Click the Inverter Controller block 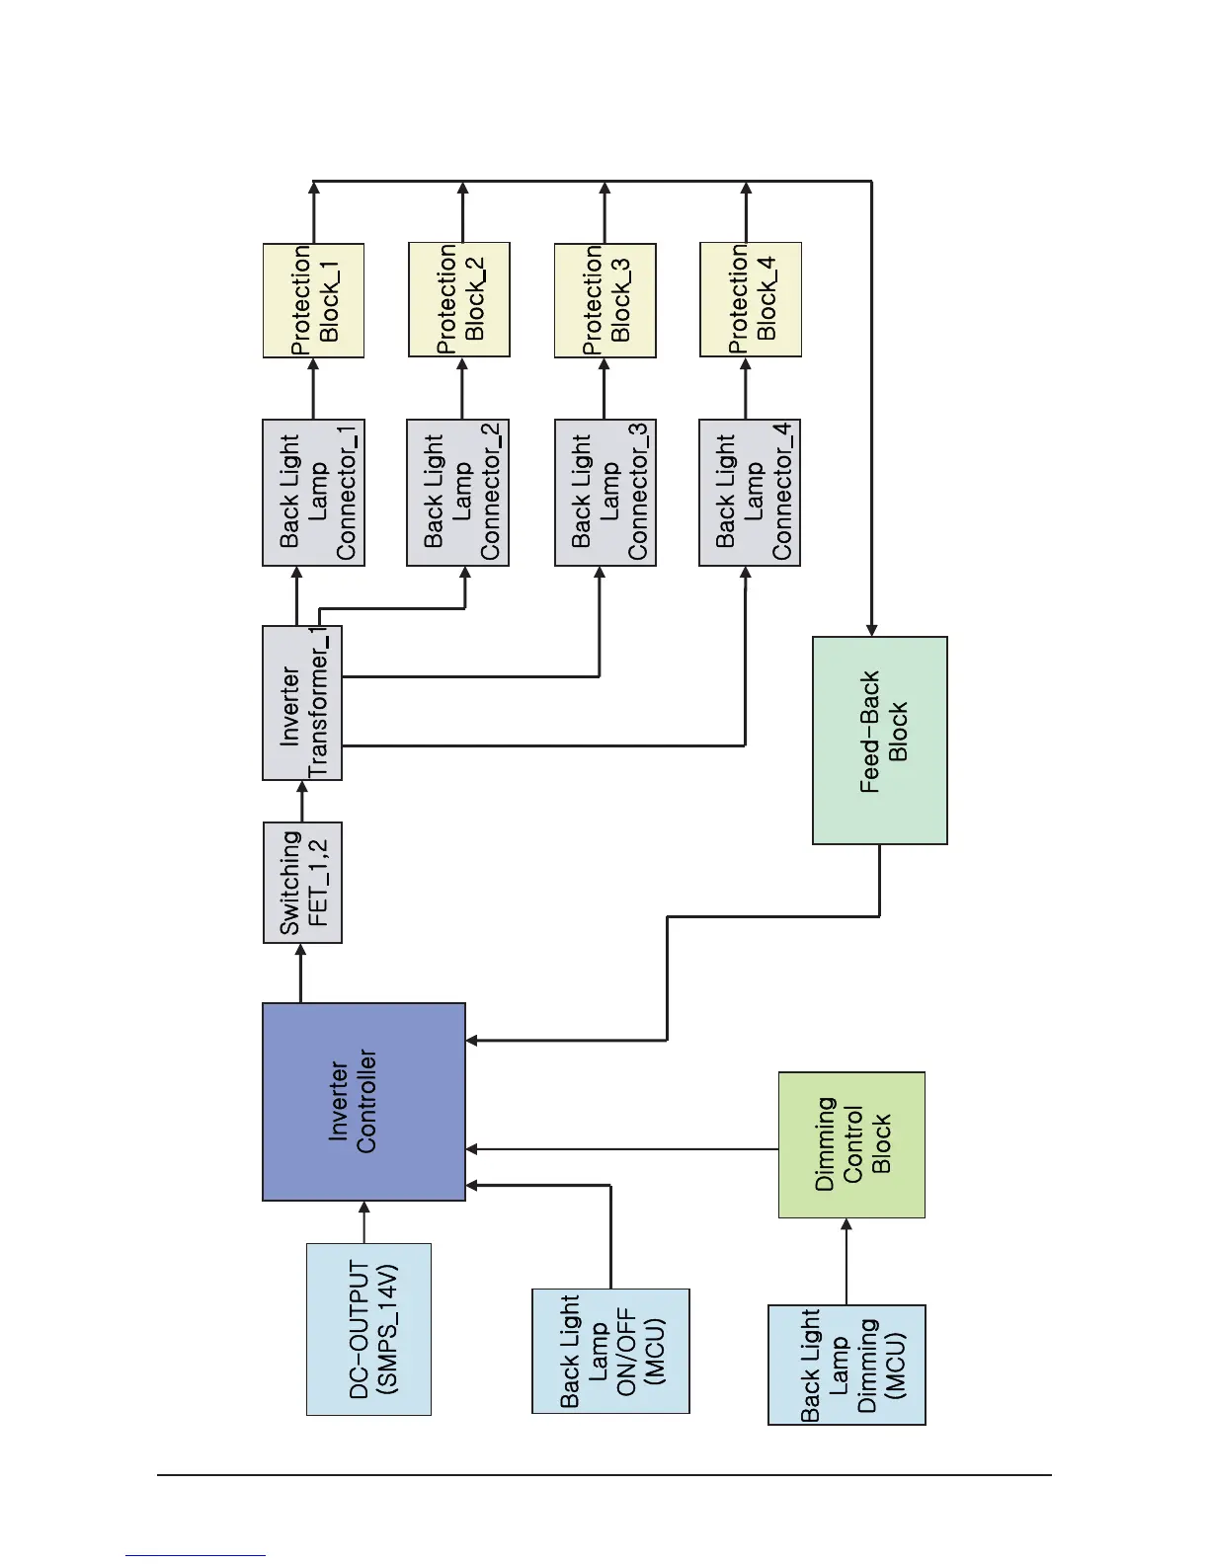(x=363, y=1102)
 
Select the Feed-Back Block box (x=879, y=741)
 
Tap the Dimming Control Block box (x=851, y=1144)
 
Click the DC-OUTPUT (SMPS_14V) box (x=368, y=1329)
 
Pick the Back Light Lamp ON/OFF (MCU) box (x=610, y=1351)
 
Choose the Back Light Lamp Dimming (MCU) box (x=846, y=1365)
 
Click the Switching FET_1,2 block (x=302, y=883)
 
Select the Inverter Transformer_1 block (x=302, y=703)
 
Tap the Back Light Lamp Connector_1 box (x=313, y=493)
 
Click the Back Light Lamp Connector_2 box (x=457, y=493)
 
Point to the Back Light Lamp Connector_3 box (x=604, y=493)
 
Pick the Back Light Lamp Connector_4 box (x=750, y=493)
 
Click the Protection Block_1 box (x=313, y=300)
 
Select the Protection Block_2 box (x=459, y=300)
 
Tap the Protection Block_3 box (x=604, y=300)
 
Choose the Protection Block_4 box (x=750, y=300)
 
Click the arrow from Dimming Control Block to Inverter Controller (x=622, y=1149)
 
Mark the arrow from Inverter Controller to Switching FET (x=301, y=974)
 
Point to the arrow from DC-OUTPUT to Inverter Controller (x=364, y=1222)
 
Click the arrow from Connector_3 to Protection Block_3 (x=604, y=388)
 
